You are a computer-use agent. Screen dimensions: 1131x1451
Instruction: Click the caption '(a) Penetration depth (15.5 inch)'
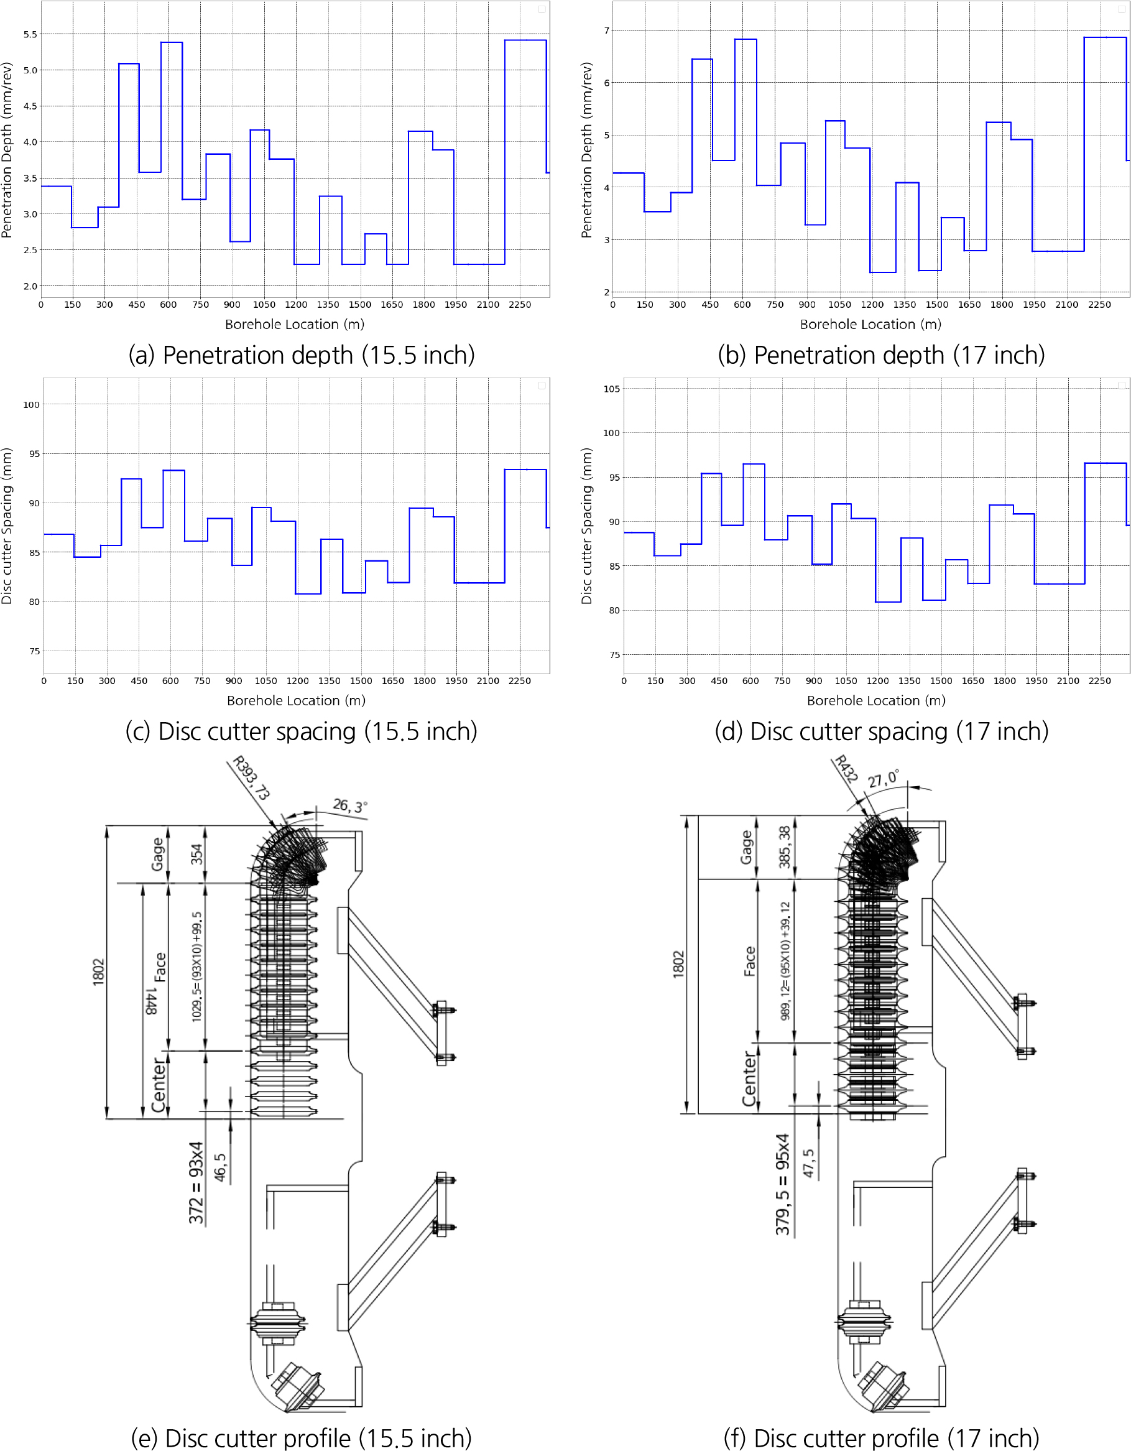click(302, 355)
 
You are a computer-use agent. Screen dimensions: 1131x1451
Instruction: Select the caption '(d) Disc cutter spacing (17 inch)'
click(881, 731)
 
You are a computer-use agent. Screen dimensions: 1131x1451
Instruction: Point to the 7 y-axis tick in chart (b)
click(606, 30)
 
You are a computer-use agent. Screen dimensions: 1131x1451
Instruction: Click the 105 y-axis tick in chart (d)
click(611, 389)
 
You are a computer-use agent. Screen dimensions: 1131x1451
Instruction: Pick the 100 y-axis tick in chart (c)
click(31, 405)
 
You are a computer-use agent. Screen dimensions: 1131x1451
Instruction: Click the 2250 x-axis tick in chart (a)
click(519, 305)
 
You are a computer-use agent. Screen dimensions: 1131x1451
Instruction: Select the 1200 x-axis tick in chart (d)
click(877, 681)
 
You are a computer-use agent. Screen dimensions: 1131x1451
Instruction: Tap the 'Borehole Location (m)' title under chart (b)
click(870, 324)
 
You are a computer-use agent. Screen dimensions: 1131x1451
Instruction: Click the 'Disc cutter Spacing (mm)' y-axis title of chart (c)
click(7, 526)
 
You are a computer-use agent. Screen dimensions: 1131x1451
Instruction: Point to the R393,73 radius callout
click(251, 778)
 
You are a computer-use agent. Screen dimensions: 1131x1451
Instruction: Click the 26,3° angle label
click(350, 806)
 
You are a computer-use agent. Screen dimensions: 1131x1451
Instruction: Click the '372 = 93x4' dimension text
click(195, 1182)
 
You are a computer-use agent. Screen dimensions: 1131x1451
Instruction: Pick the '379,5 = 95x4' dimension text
click(783, 1184)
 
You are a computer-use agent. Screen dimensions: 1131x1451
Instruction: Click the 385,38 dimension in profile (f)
click(785, 847)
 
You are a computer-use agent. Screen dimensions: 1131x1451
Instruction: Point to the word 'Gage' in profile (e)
click(157, 855)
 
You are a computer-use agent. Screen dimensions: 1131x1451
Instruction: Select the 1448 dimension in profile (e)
click(152, 1001)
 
